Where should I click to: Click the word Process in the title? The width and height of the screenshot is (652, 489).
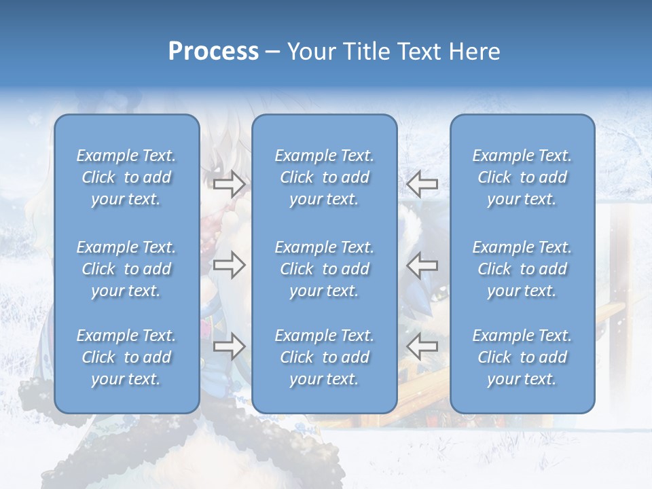[213, 52]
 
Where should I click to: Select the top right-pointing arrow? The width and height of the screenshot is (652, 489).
[229, 184]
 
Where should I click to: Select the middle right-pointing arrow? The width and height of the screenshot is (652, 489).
[229, 265]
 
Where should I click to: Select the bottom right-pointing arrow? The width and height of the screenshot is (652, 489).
[229, 346]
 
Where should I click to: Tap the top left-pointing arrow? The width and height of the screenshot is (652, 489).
[422, 184]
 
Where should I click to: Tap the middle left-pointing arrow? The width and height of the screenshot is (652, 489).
[422, 265]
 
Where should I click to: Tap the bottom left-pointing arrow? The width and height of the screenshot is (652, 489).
[422, 346]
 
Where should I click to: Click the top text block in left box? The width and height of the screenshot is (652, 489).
[126, 177]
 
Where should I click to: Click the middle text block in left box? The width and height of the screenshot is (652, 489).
[126, 269]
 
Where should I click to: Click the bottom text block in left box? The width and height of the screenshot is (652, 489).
[126, 357]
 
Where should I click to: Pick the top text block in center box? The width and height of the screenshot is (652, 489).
[325, 177]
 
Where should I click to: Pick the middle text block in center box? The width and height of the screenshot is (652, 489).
[325, 269]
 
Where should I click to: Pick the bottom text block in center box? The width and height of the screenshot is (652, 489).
[325, 357]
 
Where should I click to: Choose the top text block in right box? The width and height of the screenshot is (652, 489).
[522, 177]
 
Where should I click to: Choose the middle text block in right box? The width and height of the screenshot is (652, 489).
[522, 269]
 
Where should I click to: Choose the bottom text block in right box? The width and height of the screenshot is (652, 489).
[522, 357]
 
